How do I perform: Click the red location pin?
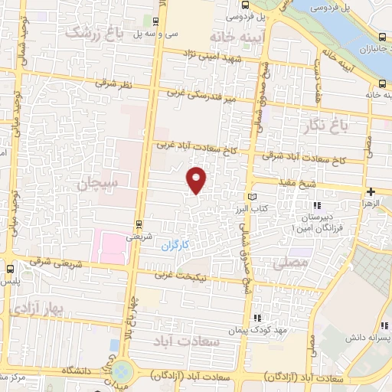(x=198, y=179)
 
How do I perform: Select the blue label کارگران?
(x=175, y=246)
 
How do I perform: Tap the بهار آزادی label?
(x=35, y=307)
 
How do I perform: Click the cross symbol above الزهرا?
(x=371, y=191)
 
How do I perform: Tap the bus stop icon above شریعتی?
(x=139, y=224)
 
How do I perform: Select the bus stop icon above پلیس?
(x=11, y=269)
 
